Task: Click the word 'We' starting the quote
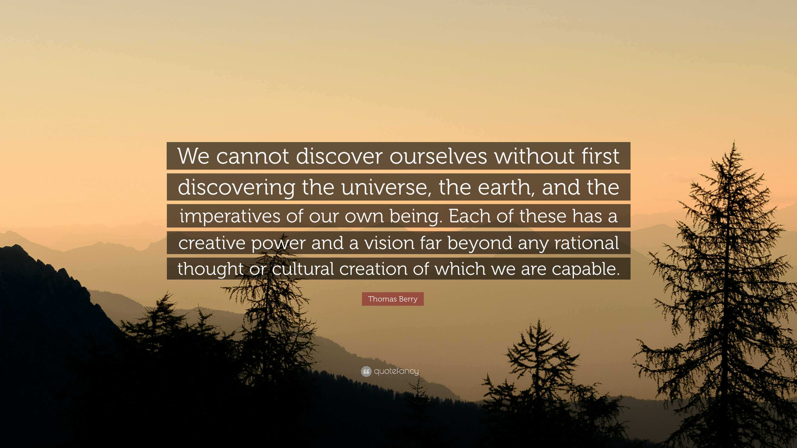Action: tap(194, 156)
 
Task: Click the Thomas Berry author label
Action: tap(393, 299)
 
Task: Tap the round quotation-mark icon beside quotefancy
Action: tap(366, 371)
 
